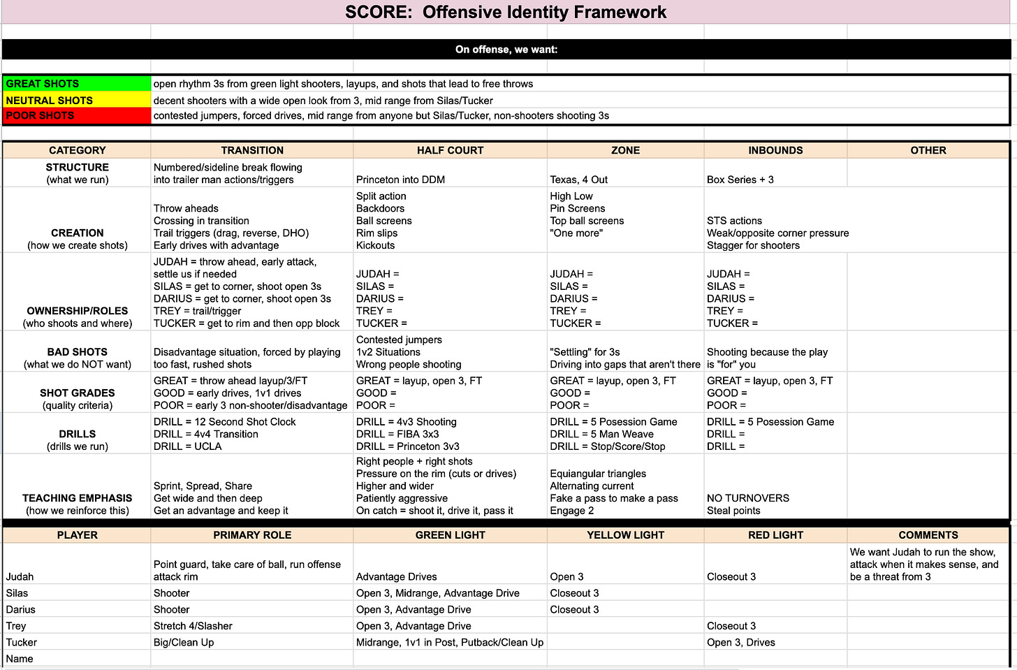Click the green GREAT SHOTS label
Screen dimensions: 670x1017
click(43, 84)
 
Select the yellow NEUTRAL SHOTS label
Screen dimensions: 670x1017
click(50, 101)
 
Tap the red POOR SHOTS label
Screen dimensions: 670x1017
click(40, 116)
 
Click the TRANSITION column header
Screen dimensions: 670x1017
click(252, 150)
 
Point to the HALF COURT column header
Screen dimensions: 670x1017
click(450, 150)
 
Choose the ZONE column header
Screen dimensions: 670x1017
click(625, 150)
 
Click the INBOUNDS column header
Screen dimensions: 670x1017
click(775, 150)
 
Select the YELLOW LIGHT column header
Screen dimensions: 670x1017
click(625, 535)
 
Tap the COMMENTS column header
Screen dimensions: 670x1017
click(928, 535)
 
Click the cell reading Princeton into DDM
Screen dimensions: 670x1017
click(400, 180)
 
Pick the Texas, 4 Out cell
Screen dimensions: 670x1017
click(579, 180)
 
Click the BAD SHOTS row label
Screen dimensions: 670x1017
click(77, 352)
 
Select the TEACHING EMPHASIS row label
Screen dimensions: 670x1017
click(77, 498)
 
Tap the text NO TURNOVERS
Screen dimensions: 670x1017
click(748, 498)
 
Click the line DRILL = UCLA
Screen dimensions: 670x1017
click(187, 446)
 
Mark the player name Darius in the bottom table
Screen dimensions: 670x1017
click(21, 610)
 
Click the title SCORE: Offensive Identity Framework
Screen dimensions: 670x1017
click(506, 12)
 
